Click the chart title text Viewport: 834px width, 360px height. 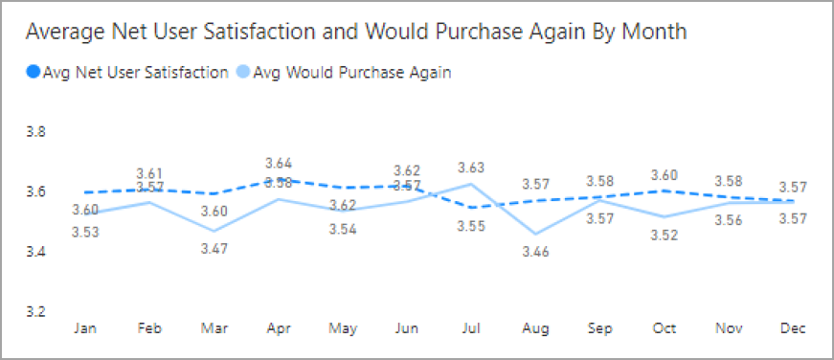click(355, 32)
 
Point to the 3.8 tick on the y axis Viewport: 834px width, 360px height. click(35, 132)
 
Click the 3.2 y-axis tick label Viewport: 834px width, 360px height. click(35, 312)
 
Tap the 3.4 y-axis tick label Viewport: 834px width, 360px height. click(35, 252)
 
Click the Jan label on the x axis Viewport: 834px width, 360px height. click(85, 328)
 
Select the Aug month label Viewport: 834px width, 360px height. click(537, 328)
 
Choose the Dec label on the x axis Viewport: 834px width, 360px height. click(792, 328)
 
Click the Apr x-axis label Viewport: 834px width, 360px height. click(279, 328)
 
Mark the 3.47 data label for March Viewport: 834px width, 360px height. click(214, 249)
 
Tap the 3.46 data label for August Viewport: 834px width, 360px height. click(537, 253)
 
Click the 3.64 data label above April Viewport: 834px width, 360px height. click(279, 163)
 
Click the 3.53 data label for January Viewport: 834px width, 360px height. click(85, 231)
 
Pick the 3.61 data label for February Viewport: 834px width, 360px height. click(150, 172)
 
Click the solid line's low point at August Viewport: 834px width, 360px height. click(537, 234)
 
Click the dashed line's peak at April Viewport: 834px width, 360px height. click(279, 179)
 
